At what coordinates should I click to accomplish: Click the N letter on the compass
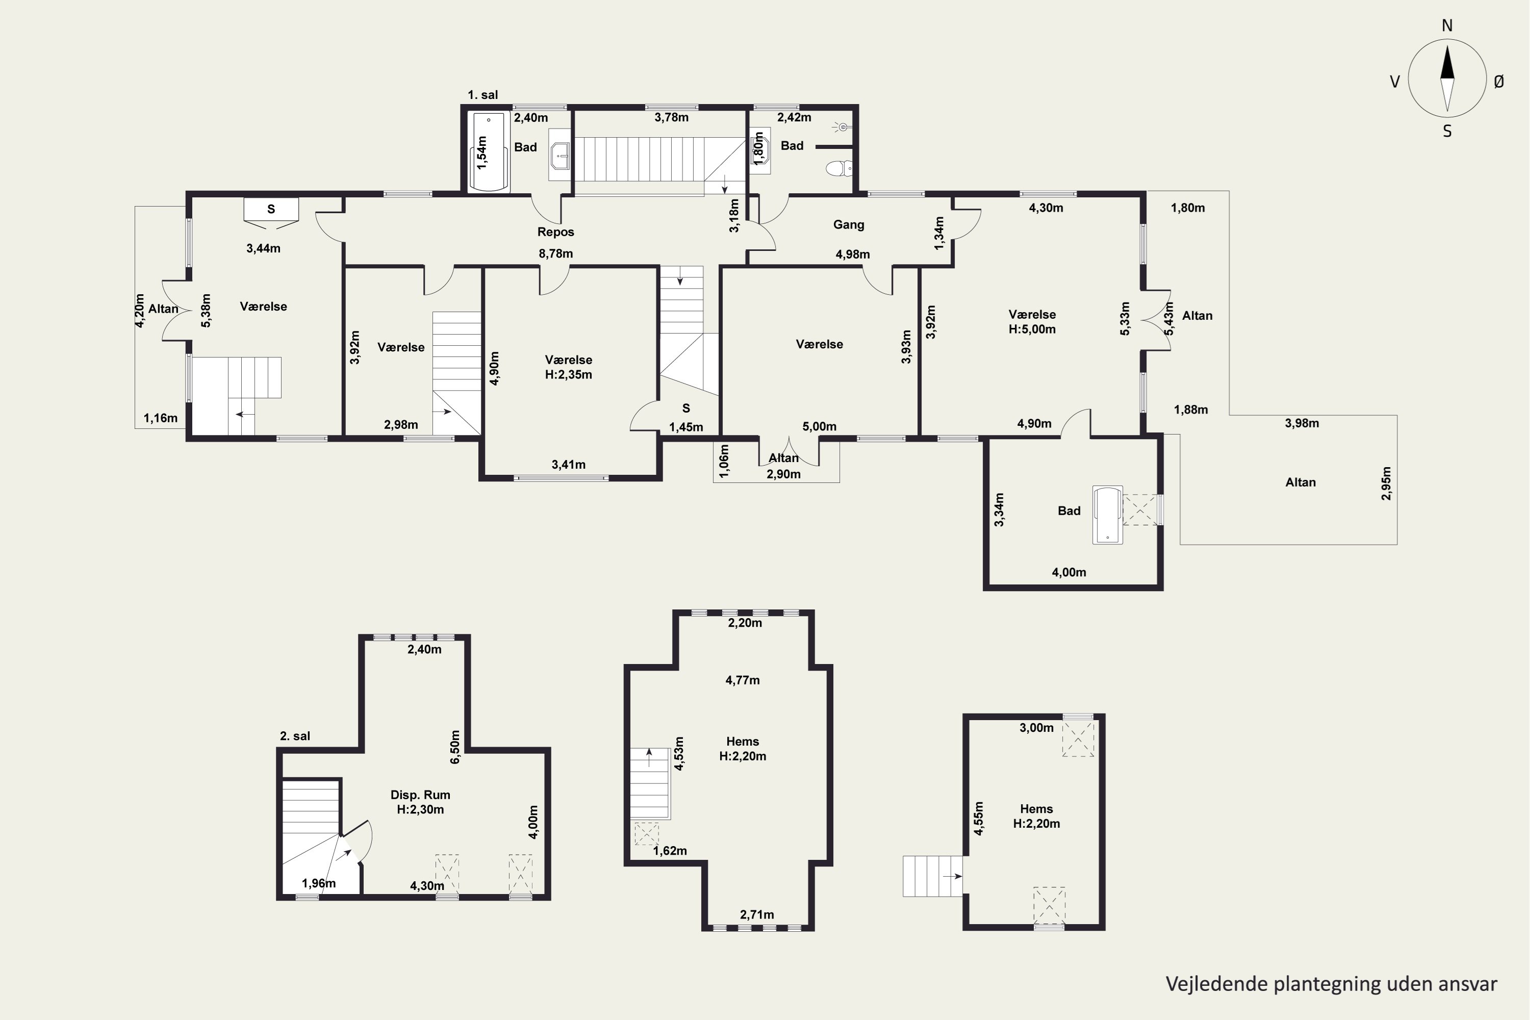click(1447, 25)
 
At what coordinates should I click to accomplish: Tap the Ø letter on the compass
click(1498, 81)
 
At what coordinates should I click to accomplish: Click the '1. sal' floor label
click(482, 95)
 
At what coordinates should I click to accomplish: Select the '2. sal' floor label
click(295, 736)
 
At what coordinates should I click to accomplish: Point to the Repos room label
click(555, 232)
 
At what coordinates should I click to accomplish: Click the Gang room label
click(848, 224)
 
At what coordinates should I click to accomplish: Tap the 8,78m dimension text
click(555, 253)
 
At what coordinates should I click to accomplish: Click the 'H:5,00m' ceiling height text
click(1032, 329)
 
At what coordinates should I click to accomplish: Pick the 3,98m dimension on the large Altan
click(1302, 423)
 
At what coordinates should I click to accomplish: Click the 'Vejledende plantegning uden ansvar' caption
click(1331, 984)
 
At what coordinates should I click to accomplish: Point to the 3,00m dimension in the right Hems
click(1036, 728)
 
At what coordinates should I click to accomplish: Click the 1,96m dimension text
click(319, 883)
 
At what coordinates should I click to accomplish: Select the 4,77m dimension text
click(742, 680)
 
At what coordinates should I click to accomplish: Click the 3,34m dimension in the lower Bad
click(999, 510)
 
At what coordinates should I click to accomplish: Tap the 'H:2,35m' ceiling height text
click(569, 375)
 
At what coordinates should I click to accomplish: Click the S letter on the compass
click(1447, 132)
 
